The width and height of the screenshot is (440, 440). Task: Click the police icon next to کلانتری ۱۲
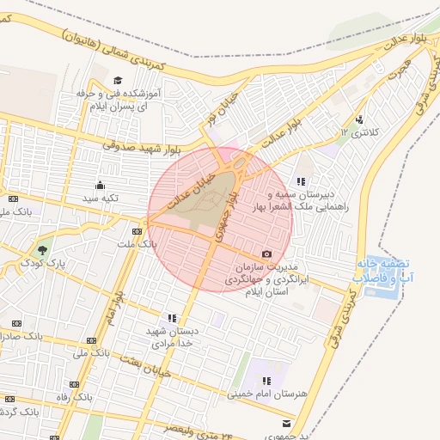click(358, 119)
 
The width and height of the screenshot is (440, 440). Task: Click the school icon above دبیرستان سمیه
click(300, 181)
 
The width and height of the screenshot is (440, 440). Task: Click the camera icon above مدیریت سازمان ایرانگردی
click(266, 254)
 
